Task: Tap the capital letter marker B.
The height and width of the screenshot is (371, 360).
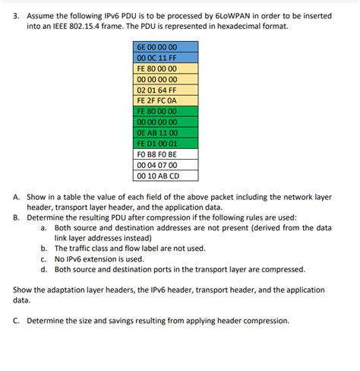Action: click(17, 217)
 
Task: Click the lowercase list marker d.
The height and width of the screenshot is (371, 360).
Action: click(44, 269)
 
